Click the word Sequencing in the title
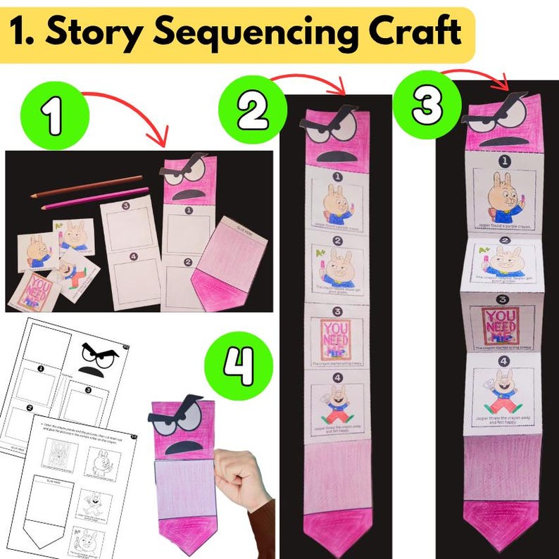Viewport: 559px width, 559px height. pos(267,32)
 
